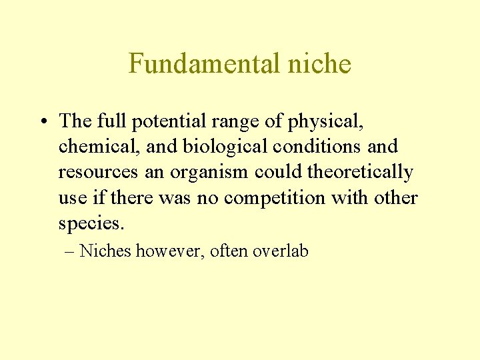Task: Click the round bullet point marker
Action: pyautogui.click(x=42, y=122)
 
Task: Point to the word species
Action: pyautogui.click(x=91, y=223)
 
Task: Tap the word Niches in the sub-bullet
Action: pyautogui.click(x=106, y=251)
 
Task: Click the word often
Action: pyautogui.click(x=229, y=251)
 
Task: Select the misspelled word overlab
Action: pyautogui.click(x=281, y=251)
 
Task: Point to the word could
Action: pyautogui.click(x=278, y=172)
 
